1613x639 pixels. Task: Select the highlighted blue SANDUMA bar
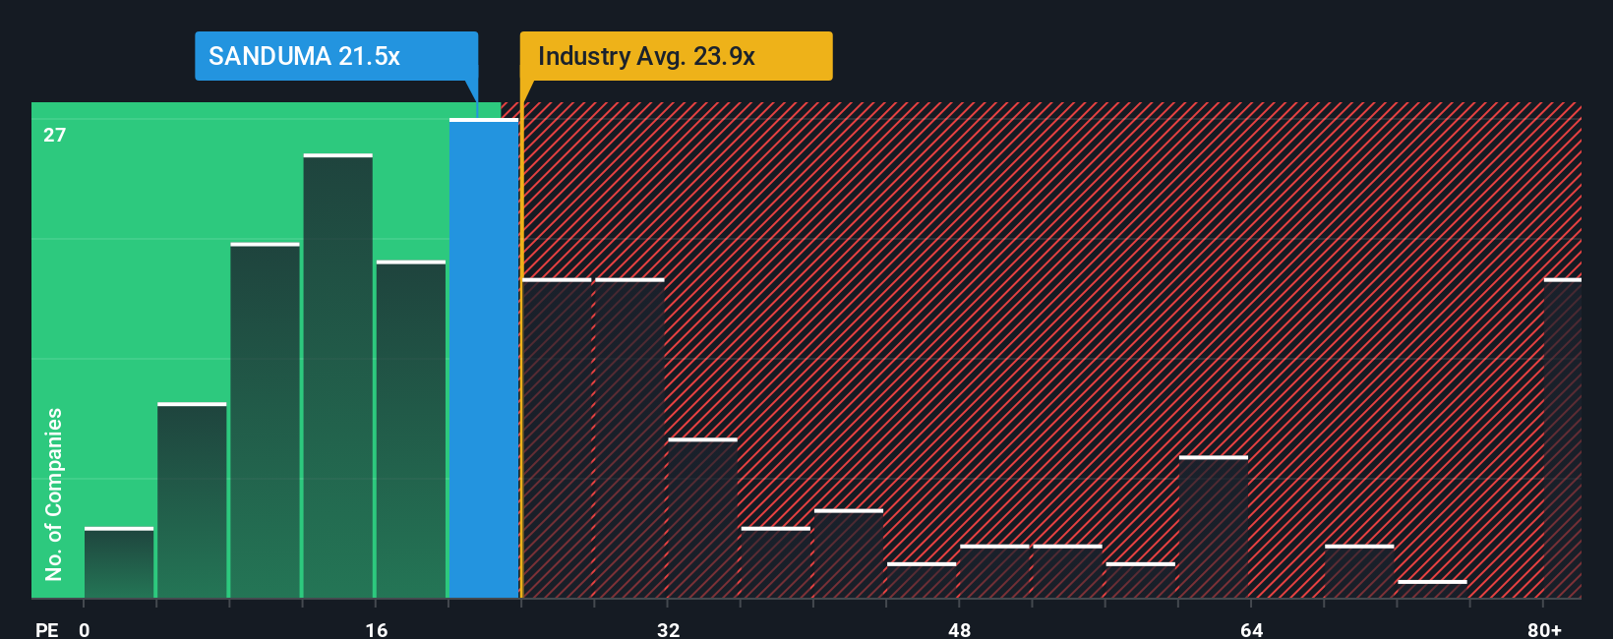click(484, 359)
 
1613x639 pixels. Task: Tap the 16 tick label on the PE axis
click(377, 629)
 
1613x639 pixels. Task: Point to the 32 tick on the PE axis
click(669, 629)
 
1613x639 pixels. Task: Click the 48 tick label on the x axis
click(960, 629)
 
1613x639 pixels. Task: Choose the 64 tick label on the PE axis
click(1251, 629)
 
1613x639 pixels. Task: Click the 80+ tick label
click(1544, 629)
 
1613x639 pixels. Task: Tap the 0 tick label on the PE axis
click(85, 629)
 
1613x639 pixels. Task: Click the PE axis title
click(46, 629)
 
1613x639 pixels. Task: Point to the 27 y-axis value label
click(55, 135)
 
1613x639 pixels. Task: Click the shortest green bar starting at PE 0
click(119, 563)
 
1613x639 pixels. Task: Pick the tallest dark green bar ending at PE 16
click(338, 377)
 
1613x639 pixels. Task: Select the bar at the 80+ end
click(1562, 438)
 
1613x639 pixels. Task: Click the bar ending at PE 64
click(1214, 528)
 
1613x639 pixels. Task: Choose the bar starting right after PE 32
click(702, 518)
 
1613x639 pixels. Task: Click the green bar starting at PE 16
click(411, 430)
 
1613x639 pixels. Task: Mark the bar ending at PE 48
click(922, 581)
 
